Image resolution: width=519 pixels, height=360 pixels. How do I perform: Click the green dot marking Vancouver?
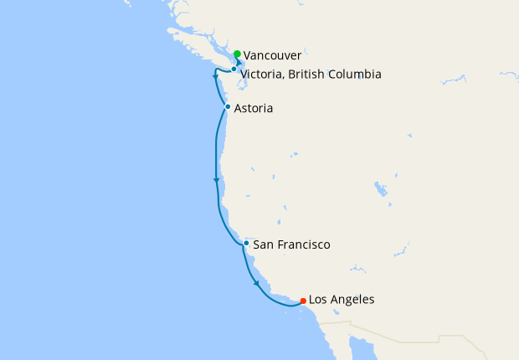coord(238,54)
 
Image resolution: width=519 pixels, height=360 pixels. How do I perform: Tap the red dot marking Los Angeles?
coord(302,301)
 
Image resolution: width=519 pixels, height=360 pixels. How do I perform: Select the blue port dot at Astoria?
coord(228,107)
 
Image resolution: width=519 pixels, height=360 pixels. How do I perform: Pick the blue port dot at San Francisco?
coord(246,244)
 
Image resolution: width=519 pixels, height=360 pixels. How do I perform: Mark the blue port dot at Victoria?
coord(234,69)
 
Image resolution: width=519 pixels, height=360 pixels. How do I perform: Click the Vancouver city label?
coord(273,56)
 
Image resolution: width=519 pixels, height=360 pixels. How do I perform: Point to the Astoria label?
coord(254,109)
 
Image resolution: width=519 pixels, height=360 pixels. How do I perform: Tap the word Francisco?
coord(302,245)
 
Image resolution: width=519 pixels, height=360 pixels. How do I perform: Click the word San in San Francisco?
coord(262,245)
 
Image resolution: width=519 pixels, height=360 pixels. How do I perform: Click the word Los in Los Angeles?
coord(319,300)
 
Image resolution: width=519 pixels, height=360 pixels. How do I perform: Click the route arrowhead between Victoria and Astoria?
coord(216,78)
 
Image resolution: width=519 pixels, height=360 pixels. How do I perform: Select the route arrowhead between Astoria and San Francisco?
coord(217,180)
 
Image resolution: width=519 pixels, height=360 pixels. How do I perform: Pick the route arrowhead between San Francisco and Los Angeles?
coord(256,284)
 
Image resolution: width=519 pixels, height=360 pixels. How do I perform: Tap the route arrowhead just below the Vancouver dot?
coord(239,63)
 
